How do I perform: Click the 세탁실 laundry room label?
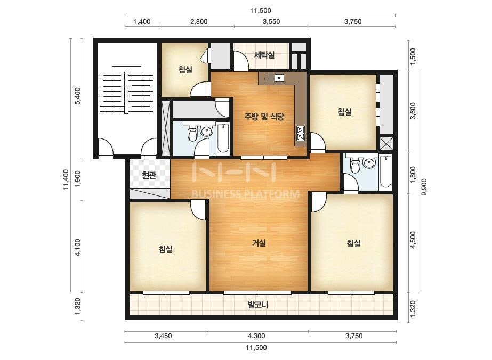264,55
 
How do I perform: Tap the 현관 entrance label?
149,175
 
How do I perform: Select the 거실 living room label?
259,242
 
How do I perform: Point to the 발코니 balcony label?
258,305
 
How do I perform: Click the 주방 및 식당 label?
264,117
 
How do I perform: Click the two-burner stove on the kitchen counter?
301,133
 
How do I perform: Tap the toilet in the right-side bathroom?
355,166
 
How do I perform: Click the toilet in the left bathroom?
192,133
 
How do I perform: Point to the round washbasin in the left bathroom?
206,132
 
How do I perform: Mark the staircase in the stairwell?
126,89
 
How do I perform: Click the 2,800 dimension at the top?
199,22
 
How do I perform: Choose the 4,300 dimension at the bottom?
256,336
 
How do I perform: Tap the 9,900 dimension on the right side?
424,187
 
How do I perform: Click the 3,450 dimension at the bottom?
163,336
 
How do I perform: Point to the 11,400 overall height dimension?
66,179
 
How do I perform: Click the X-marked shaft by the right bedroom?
386,144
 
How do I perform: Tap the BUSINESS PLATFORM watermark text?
245,194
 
